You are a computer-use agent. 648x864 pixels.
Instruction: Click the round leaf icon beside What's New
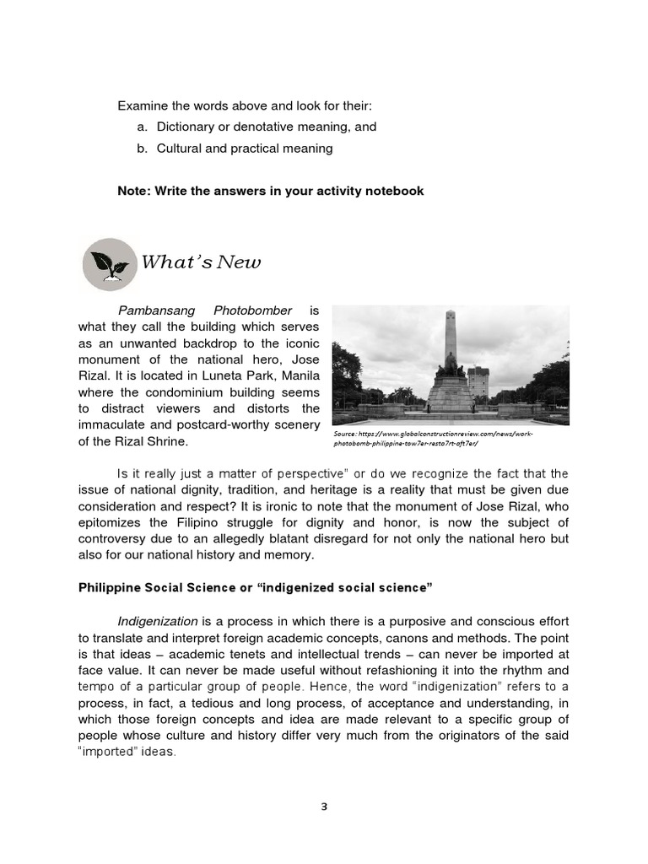[x=109, y=264]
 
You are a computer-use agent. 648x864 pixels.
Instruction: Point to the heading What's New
[x=201, y=262]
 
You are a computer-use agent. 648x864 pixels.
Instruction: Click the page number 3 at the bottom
[x=324, y=807]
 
